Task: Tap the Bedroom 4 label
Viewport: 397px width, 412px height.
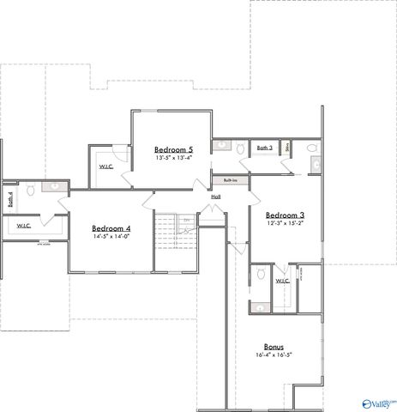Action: pos(111,228)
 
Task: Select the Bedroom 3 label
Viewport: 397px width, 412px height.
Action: pos(284,215)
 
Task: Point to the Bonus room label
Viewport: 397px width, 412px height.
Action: pos(274,346)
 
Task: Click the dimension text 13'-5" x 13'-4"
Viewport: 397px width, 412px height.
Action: pos(174,158)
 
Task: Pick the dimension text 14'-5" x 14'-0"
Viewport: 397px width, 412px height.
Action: pos(111,238)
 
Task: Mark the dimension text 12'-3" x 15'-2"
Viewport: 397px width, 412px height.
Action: pos(284,223)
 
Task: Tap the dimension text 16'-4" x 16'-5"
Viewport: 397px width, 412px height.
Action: pos(274,354)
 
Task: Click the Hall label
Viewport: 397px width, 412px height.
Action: pos(216,197)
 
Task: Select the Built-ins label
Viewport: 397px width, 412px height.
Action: pos(231,180)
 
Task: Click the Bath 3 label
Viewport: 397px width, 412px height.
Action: pos(265,148)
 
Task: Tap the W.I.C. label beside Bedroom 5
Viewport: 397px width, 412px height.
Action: pos(107,167)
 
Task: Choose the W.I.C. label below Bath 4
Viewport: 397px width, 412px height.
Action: pos(23,227)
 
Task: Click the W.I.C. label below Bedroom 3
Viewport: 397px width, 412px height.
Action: pos(282,281)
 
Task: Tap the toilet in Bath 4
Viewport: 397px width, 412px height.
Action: pos(32,191)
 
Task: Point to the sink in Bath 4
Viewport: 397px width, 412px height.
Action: pos(53,185)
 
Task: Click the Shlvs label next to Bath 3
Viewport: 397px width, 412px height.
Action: pos(289,148)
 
